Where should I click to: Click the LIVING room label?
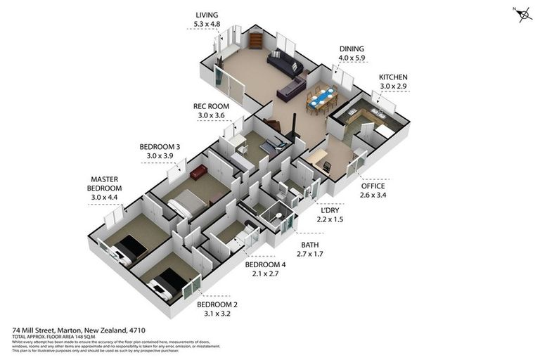[207, 14]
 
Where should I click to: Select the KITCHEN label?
[393, 77]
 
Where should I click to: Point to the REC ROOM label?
[211, 106]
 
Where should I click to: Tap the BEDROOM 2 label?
[217, 304]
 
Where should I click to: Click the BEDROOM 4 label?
[265, 265]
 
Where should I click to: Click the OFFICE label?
[373, 186]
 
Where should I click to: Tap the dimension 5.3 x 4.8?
[207, 24]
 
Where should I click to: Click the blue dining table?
[321, 98]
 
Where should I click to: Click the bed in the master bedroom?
[127, 248]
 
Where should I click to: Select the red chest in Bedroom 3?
[198, 172]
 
